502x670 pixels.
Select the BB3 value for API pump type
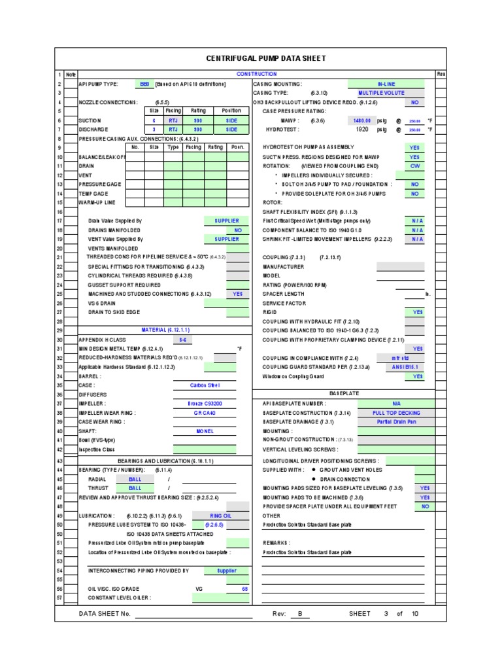coord(144,84)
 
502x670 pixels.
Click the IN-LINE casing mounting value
coord(386,84)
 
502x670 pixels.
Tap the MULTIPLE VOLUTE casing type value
coord(386,94)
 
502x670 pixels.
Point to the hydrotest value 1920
coord(362,130)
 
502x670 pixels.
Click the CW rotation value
coord(414,166)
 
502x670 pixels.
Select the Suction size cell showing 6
coord(154,121)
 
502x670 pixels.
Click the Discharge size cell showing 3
coord(154,130)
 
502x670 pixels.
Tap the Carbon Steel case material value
coord(205,385)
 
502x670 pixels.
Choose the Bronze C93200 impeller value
coord(205,404)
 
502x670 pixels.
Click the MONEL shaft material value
coord(205,431)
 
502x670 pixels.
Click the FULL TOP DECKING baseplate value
coord(396,413)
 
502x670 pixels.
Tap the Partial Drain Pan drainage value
coord(396,422)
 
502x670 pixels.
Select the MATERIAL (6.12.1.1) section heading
coord(165,330)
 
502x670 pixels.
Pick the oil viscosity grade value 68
coord(244,589)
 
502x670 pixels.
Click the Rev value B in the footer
coord(300,614)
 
